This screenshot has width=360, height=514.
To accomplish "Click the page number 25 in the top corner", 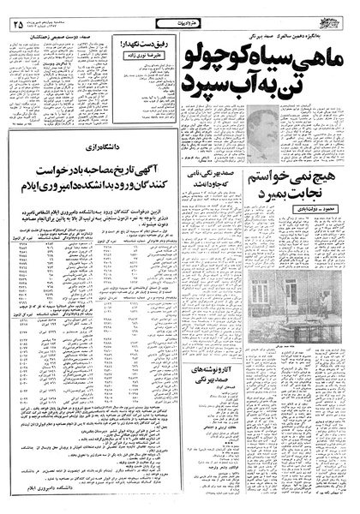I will [x=18, y=11].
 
